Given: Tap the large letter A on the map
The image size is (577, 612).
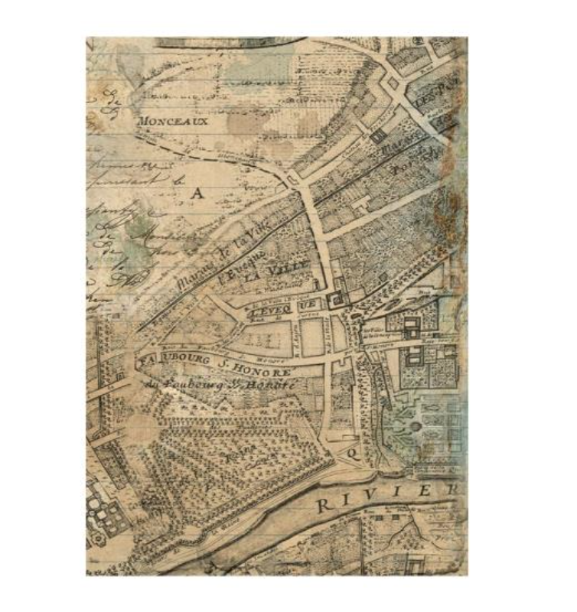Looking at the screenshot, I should coord(197,194).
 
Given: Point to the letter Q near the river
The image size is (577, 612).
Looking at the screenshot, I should coord(353,454).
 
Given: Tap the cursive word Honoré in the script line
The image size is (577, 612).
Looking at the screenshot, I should coord(269,387).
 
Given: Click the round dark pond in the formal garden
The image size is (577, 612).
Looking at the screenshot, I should coord(414,426).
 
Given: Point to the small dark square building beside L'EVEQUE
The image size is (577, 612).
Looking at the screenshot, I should coord(334,301).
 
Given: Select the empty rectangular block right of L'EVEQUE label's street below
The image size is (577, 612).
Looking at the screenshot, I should coord(312,337).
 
